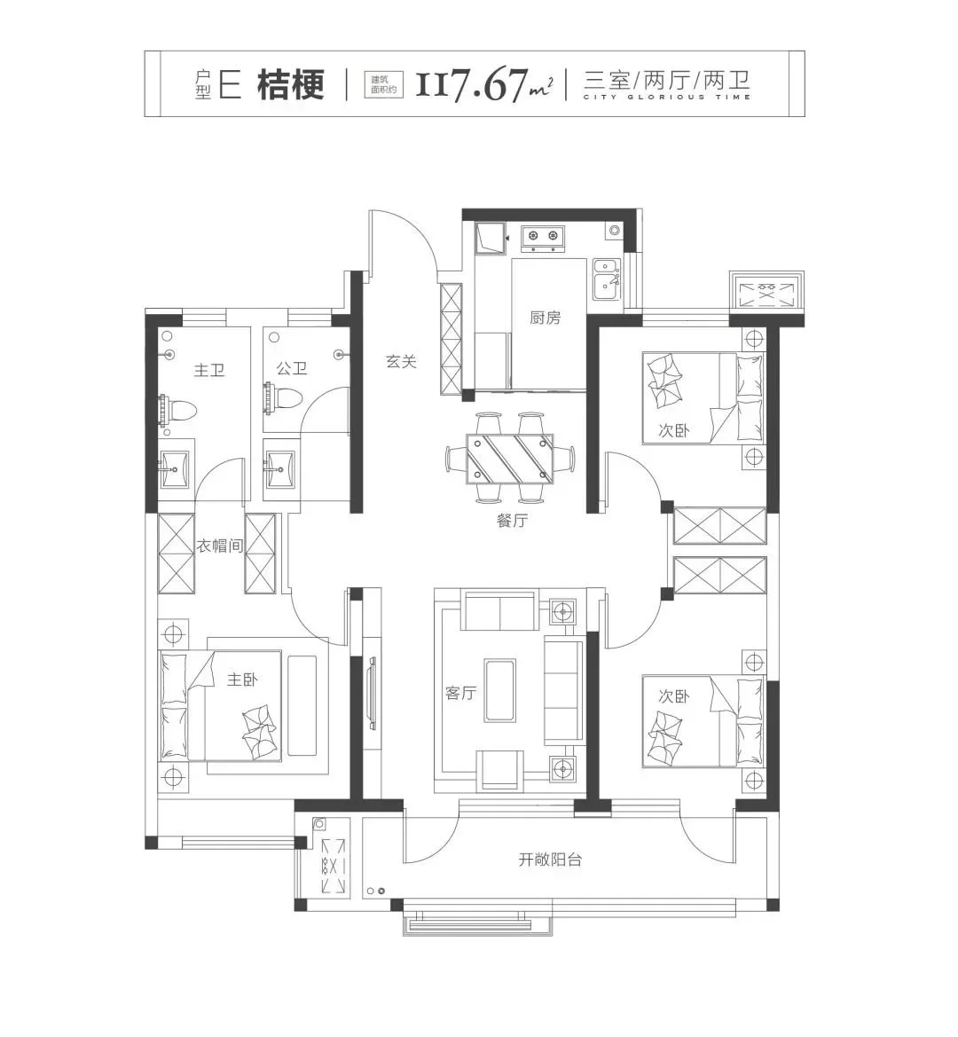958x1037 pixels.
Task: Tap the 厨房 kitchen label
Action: tap(545, 318)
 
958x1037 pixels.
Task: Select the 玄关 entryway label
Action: tap(401, 362)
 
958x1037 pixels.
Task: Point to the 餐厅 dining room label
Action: tap(513, 521)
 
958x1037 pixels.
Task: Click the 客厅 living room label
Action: tap(461, 693)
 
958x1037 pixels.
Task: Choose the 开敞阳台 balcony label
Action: tap(550, 860)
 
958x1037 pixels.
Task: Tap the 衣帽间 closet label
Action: tap(219, 546)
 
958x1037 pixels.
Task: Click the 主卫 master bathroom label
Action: tap(209, 370)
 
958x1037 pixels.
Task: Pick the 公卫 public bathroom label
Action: tap(292, 368)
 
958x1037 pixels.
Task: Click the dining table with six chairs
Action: tap(510, 457)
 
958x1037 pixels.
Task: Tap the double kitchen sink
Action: tap(606, 279)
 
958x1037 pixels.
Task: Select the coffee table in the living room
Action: tap(500, 690)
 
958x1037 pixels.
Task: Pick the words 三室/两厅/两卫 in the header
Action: tap(667, 81)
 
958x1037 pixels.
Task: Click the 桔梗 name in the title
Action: tap(291, 84)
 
